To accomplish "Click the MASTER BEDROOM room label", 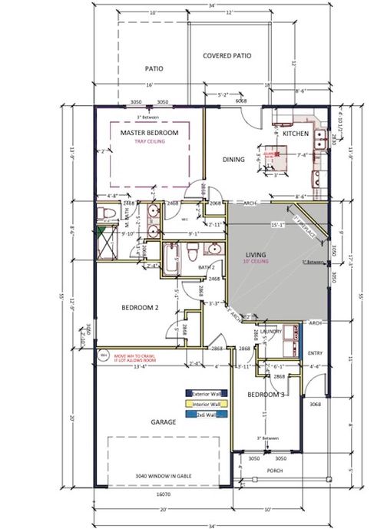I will pyautogui.click(x=150, y=133).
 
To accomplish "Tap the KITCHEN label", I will pyautogui.click(x=296, y=134).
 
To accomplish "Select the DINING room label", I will pyautogui.click(x=233, y=160).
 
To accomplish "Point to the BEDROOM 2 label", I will pyautogui.click(x=140, y=308).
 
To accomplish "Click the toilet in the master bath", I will pyautogui.click(x=108, y=213).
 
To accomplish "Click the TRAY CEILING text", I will pyautogui.click(x=150, y=141).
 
